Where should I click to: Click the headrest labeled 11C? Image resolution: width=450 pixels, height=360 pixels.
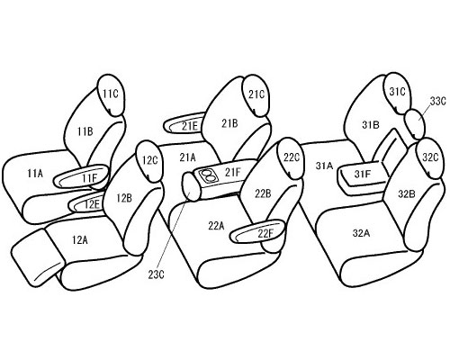pos(111,94)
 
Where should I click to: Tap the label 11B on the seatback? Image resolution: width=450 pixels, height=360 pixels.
pos(85,131)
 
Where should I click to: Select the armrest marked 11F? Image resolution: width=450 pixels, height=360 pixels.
pos(80,176)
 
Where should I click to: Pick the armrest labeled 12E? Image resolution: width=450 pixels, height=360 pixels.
pos(87,204)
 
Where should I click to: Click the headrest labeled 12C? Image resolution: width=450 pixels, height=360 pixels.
pos(149,161)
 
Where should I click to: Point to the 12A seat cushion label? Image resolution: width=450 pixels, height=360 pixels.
pos(80,240)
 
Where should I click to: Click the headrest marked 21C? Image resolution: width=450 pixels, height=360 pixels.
pos(256,95)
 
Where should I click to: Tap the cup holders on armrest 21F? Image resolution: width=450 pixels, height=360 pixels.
pos(208,175)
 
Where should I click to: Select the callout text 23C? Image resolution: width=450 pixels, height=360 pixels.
pos(156,274)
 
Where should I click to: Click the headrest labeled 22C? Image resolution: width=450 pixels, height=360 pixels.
pos(291,157)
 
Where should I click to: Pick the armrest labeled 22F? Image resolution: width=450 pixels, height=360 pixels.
pos(257,230)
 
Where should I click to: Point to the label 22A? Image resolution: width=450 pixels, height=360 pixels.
pos(216,226)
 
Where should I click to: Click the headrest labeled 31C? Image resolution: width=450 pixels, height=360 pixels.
pos(398,93)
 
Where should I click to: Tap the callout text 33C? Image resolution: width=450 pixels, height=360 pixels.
pos(438,102)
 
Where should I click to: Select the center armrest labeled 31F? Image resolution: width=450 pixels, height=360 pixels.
pos(362,177)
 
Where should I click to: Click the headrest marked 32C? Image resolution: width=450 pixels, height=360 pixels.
pos(430,158)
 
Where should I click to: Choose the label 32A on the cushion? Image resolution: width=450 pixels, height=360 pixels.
pos(361,233)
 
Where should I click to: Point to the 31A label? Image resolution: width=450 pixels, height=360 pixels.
pos(324,166)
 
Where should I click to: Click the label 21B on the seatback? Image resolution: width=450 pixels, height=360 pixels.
pos(229,123)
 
